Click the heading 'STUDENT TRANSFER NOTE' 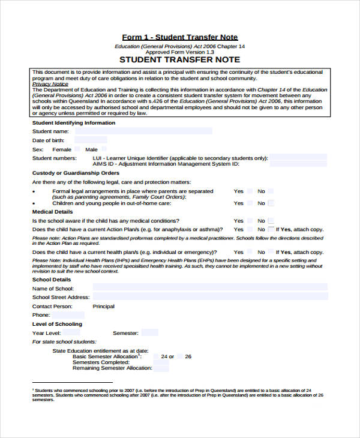coord(180,59)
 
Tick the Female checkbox coord(77,149)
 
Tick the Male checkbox coord(104,149)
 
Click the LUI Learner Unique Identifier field coord(298,158)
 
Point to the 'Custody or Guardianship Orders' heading coord(76,173)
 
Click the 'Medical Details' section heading coord(52,212)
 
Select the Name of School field coord(210,289)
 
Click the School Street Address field coord(210,296)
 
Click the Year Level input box coord(73,332)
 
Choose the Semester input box coord(150,332)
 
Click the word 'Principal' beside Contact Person coord(103,306)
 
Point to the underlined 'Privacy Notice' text coord(50,84)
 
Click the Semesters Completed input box coord(161,362)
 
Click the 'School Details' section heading coord(52,280)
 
